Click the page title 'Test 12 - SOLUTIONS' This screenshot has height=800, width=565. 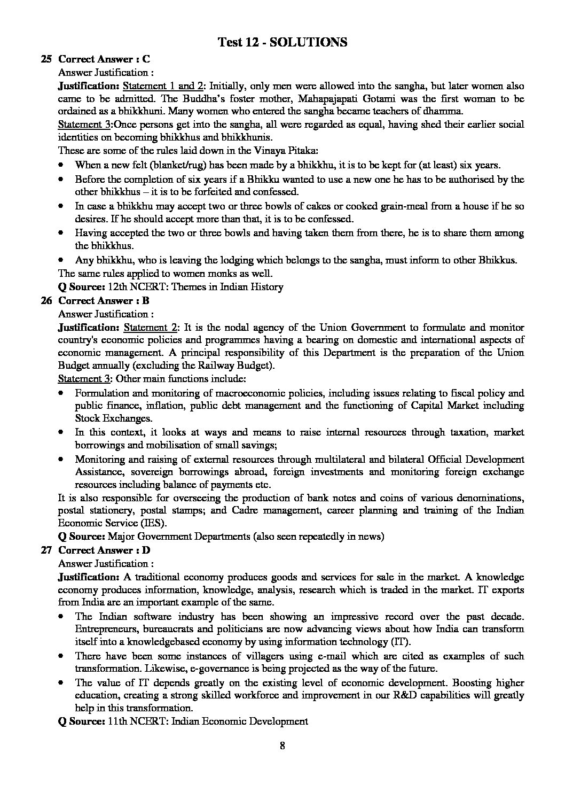coord(282,42)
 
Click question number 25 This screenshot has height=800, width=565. coord(46,59)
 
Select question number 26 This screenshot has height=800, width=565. coord(46,301)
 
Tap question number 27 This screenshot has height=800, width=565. coord(46,550)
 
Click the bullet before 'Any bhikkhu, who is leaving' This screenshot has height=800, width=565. coord(63,260)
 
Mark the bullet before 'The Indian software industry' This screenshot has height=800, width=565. coord(63,616)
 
